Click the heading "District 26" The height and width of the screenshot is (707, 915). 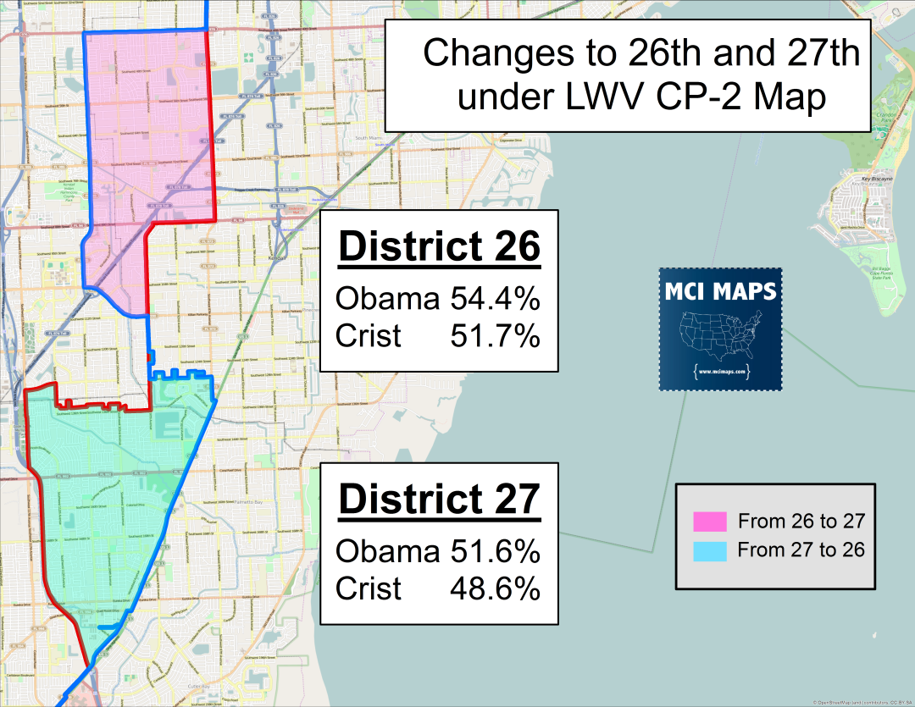click(x=439, y=247)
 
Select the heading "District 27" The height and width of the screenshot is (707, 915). click(x=439, y=499)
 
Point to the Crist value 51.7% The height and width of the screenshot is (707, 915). click(x=496, y=336)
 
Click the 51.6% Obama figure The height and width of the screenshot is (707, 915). click(x=496, y=552)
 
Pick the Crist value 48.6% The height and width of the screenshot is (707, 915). click(x=496, y=588)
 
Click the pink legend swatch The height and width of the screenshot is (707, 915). click(x=711, y=520)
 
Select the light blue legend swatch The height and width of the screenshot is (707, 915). click(x=711, y=550)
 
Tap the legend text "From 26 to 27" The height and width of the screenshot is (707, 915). click(x=801, y=520)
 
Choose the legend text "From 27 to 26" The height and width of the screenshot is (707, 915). click(x=801, y=550)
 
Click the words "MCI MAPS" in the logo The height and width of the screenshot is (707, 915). click(x=720, y=291)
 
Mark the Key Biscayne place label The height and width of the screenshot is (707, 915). click(x=877, y=180)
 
